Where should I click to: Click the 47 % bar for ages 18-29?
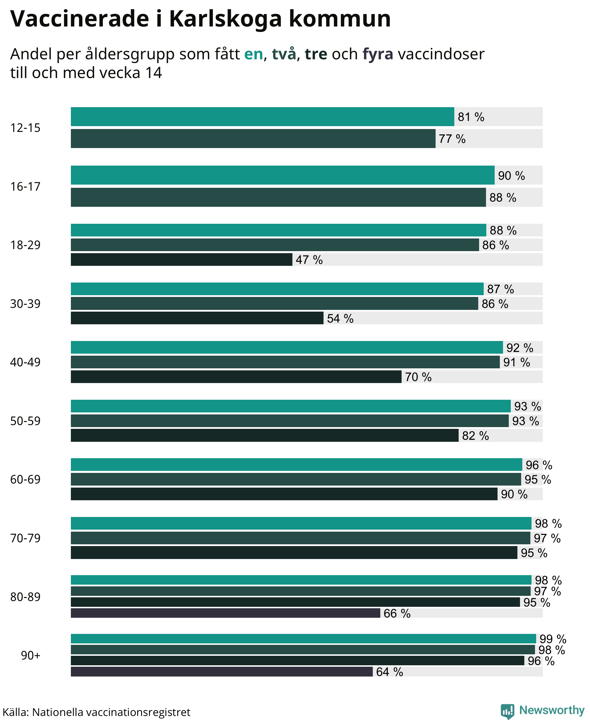[181, 259]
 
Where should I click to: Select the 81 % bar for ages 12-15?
[262, 117]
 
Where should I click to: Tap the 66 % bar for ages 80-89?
[225, 613]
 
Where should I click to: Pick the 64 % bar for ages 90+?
[222, 671]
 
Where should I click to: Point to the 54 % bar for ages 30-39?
[197, 318]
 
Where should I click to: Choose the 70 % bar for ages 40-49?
[236, 377]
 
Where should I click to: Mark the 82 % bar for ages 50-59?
[265, 435]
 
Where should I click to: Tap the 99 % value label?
[553, 639]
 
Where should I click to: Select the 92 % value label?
[520, 348]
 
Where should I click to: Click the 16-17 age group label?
[25, 187]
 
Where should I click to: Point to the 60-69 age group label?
[25, 480]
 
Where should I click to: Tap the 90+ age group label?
[31, 655]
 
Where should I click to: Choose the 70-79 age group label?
[25, 538]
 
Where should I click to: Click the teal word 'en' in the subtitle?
[254, 54]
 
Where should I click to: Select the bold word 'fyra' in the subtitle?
[378, 54]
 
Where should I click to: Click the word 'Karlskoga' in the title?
[225, 19]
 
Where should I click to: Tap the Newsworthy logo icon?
[507, 711]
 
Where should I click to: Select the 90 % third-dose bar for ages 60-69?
[284, 494]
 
